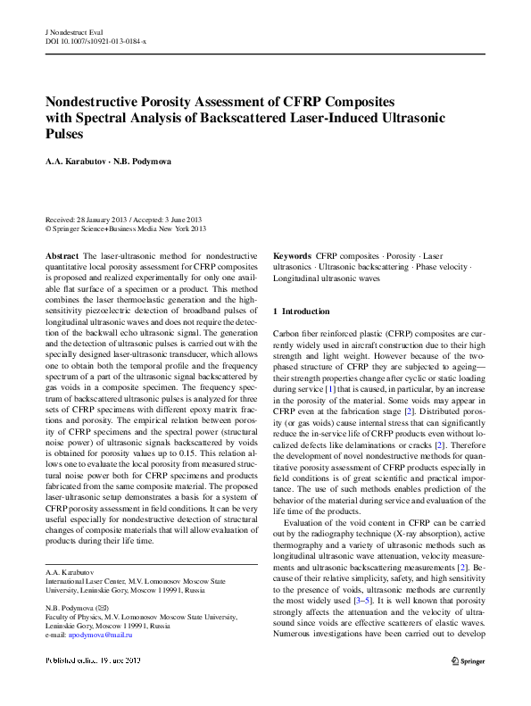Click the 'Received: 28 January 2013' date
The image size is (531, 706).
pyautogui.click(x=87, y=220)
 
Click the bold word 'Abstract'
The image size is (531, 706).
pyautogui.click(x=61, y=256)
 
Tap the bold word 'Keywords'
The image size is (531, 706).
pyautogui.click(x=293, y=255)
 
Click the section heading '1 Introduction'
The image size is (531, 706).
pyautogui.click(x=305, y=311)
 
